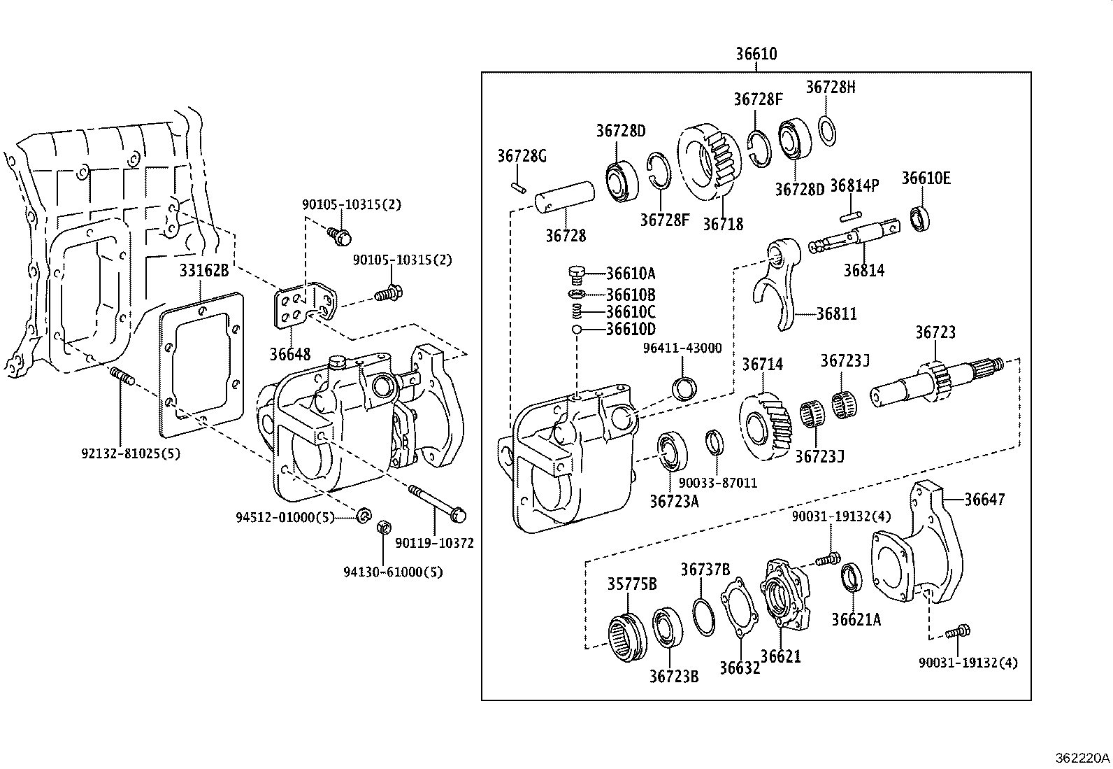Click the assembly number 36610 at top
pyautogui.click(x=756, y=54)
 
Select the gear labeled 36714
pyautogui.click(x=766, y=425)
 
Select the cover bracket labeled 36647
pyautogui.click(x=909, y=553)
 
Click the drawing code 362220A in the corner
pyautogui.click(x=1082, y=757)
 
